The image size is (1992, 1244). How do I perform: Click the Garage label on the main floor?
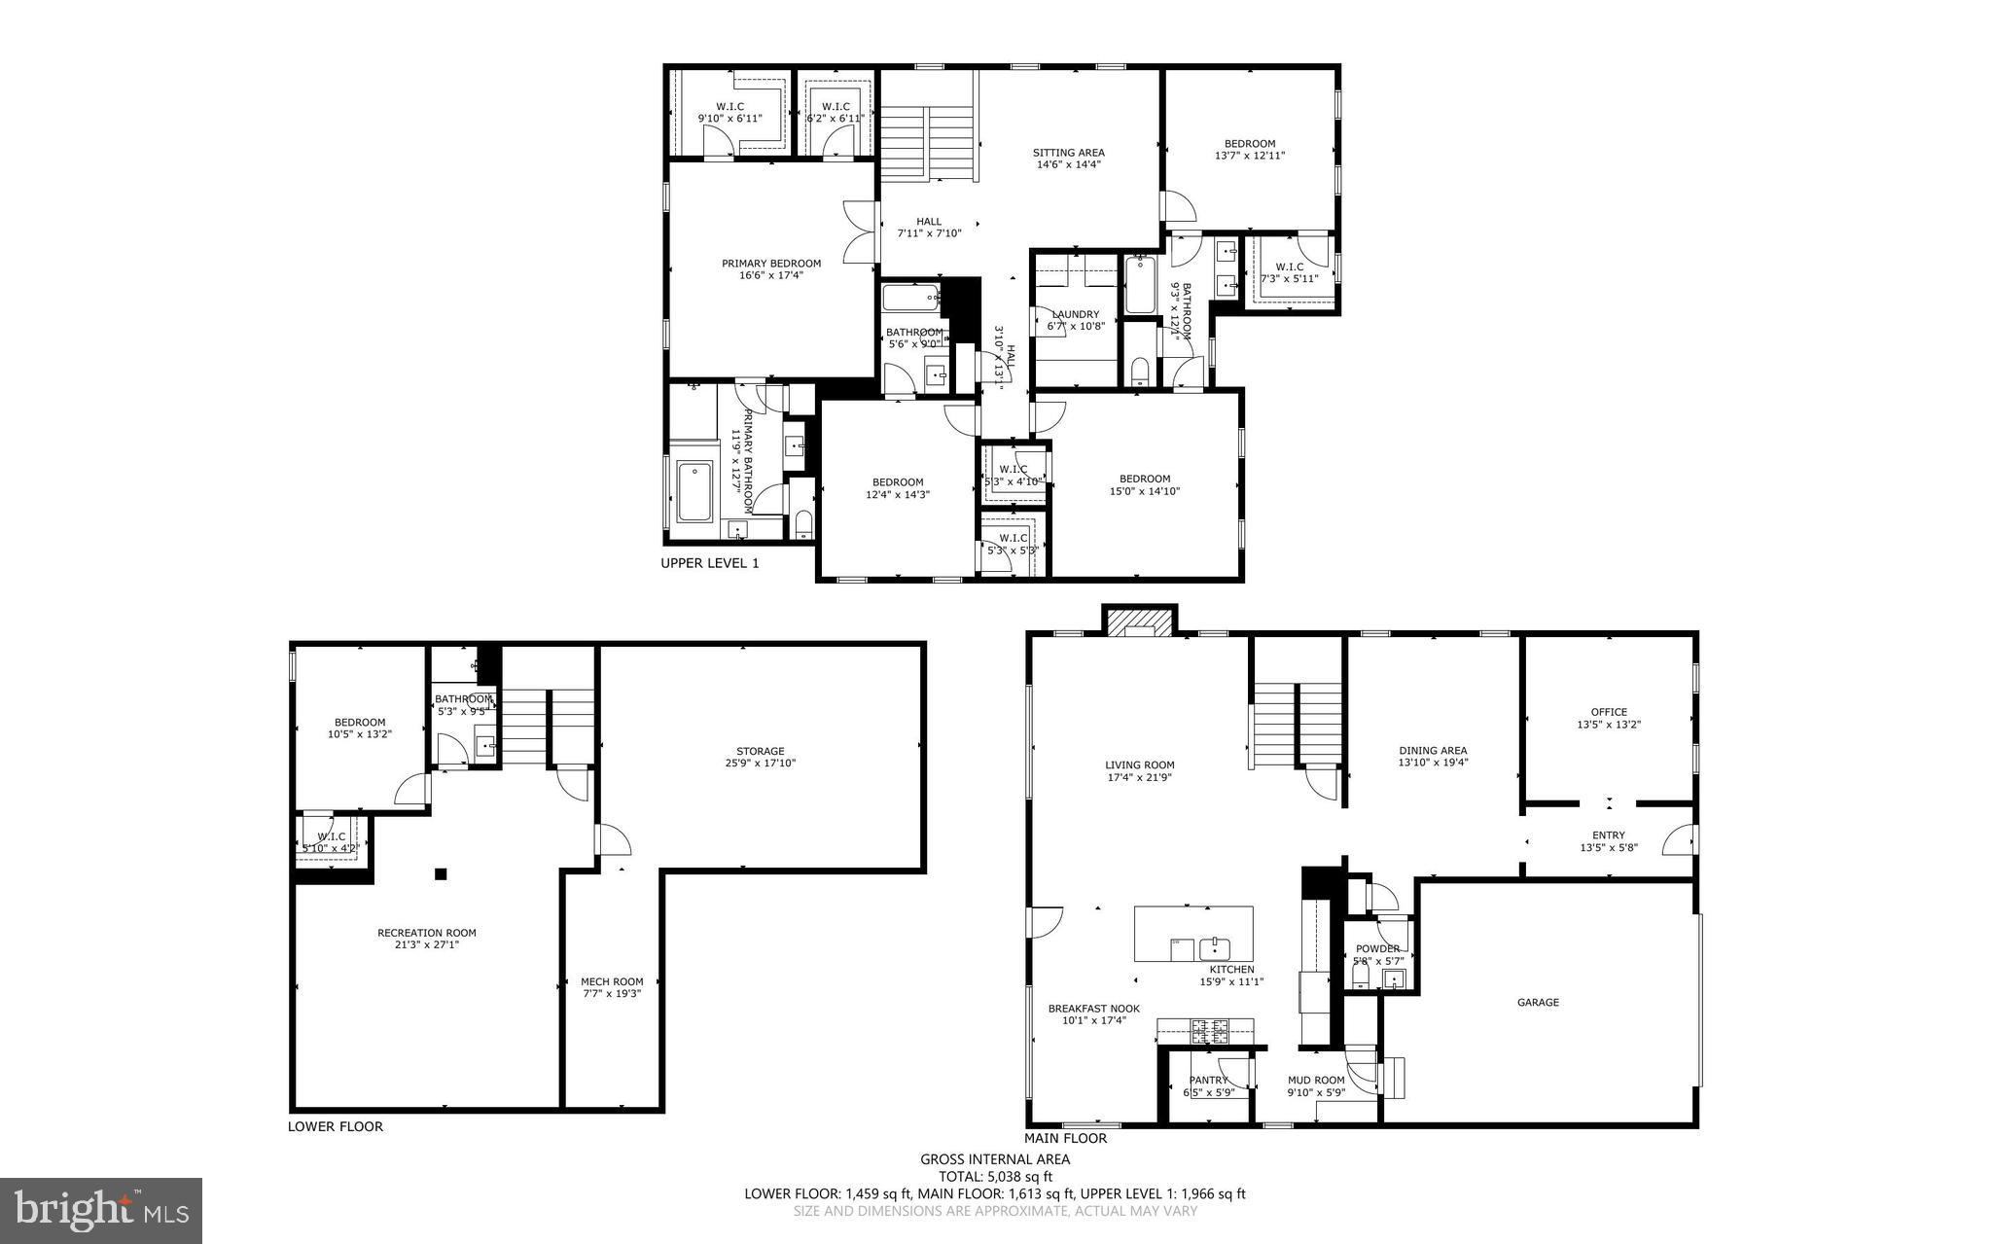pyautogui.click(x=1538, y=1002)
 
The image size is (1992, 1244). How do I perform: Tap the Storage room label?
pyautogui.click(x=760, y=751)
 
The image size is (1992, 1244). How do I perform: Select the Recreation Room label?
pyautogui.click(x=427, y=933)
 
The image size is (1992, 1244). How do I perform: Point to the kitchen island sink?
pyautogui.click(x=1215, y=948)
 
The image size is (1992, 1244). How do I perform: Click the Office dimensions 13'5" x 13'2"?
pyautogui.click(x=1609, y=725)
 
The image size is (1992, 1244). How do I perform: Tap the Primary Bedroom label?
pyautogui.click(x=770, y=263)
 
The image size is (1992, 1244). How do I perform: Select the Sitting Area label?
pyautogui.click(x=1068, y=153)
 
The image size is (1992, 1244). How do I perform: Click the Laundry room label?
pyautogui.click(x=1075, y=314)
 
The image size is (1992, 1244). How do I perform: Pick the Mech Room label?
pyautogui.click(x=612, y=981)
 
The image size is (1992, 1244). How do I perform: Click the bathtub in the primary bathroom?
pyautogui.click(x=695, y=492)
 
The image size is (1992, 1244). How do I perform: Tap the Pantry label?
pyautogui.click(x=1208, y=1080)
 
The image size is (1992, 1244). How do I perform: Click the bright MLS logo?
pyautogui.click(x=101, y=1209)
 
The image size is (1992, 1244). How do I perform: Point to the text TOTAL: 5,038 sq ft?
pyautogui.click(x=995, y=1176)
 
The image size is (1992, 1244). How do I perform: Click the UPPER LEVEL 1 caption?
pyautogui.click(x=710, y=563)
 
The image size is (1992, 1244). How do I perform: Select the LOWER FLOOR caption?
pyautogui.click(x=336, y=1126)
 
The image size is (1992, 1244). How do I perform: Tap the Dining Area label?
pyautogui.click(x=1433, y=750)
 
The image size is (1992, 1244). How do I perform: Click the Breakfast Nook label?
pyautogui.click(x=1093, y=1009)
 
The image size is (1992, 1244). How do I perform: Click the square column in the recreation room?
pyautogui.click(x=441, y=873)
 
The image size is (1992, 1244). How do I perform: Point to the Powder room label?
pyautogui.click(x=1377, y=948)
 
